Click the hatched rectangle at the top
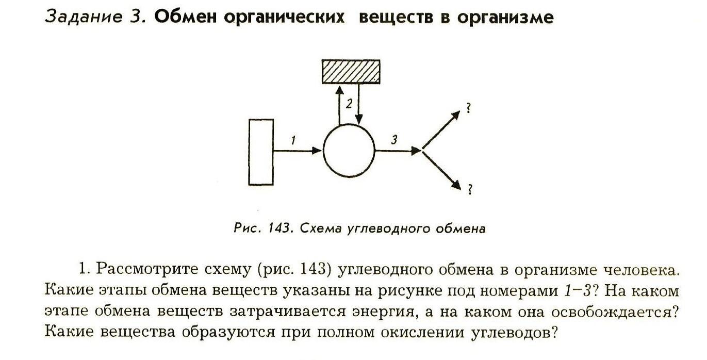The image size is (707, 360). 351,71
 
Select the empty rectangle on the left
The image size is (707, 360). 260,152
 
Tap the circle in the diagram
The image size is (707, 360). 349,151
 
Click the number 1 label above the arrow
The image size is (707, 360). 292,140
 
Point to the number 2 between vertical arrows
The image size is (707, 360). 349,104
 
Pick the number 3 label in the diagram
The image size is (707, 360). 394,140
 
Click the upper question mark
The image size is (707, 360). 469,108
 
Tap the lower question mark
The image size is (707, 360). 469,190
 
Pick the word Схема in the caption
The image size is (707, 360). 316,228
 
